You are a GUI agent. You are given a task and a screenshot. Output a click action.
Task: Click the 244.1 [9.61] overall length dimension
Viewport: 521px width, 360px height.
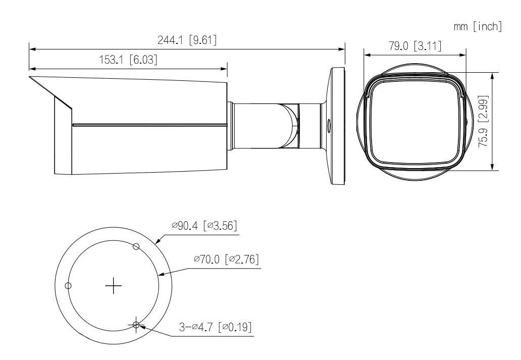coord(187,40)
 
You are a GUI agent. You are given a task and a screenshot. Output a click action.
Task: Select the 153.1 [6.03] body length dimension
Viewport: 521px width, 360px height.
coord(128,60)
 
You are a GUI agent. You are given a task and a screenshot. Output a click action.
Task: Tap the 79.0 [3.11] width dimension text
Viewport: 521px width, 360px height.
coord(415,46)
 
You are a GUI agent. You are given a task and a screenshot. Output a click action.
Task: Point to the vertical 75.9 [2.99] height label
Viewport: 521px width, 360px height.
coord(484,121)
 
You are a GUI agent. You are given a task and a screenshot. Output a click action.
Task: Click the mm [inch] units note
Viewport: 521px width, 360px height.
coord(478,27)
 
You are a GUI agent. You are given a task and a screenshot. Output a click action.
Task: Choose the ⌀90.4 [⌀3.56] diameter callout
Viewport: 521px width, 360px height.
coord(204,226)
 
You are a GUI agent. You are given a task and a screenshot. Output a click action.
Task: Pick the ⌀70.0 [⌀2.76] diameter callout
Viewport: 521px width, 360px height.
coord(226,259)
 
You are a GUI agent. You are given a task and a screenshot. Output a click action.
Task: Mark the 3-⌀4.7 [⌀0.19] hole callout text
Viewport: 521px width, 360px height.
coord(215,327)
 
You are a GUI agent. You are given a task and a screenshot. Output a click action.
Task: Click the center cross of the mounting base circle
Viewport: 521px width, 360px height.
coord(113,286)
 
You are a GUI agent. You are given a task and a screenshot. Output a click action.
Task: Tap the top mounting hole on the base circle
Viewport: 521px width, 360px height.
coord(136,246)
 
